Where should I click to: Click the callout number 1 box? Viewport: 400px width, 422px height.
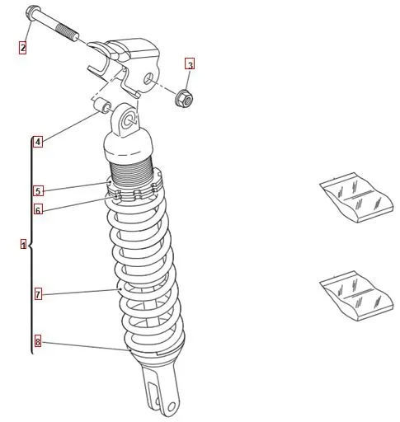click(x=24, y=244)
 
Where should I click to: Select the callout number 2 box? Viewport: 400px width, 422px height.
click(x=23, y=48)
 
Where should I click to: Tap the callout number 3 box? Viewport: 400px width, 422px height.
click(x=190, y=64)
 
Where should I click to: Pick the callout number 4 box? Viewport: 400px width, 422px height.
click(x=38, y=142)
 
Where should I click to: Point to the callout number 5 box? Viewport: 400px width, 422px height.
click(x=38, y=190)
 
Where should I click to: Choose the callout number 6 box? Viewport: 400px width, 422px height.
click(x=38, y=209)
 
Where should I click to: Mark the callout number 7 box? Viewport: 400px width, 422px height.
click(x=38, y=294)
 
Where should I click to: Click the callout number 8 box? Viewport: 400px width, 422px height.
click(x=38, y=342)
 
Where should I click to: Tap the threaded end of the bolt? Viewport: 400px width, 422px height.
click(x=68, y=32)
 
